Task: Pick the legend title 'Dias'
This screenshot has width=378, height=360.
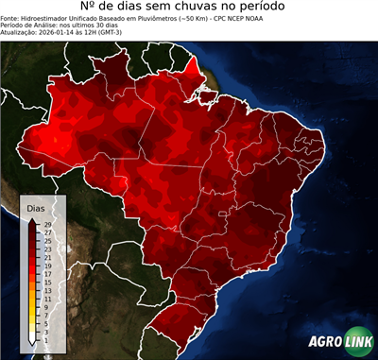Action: click(x=36, y=207)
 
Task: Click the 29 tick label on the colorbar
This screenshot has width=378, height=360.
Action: click(x=47, y=224)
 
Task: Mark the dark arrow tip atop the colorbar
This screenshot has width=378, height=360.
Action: click(x=34, y=219)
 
